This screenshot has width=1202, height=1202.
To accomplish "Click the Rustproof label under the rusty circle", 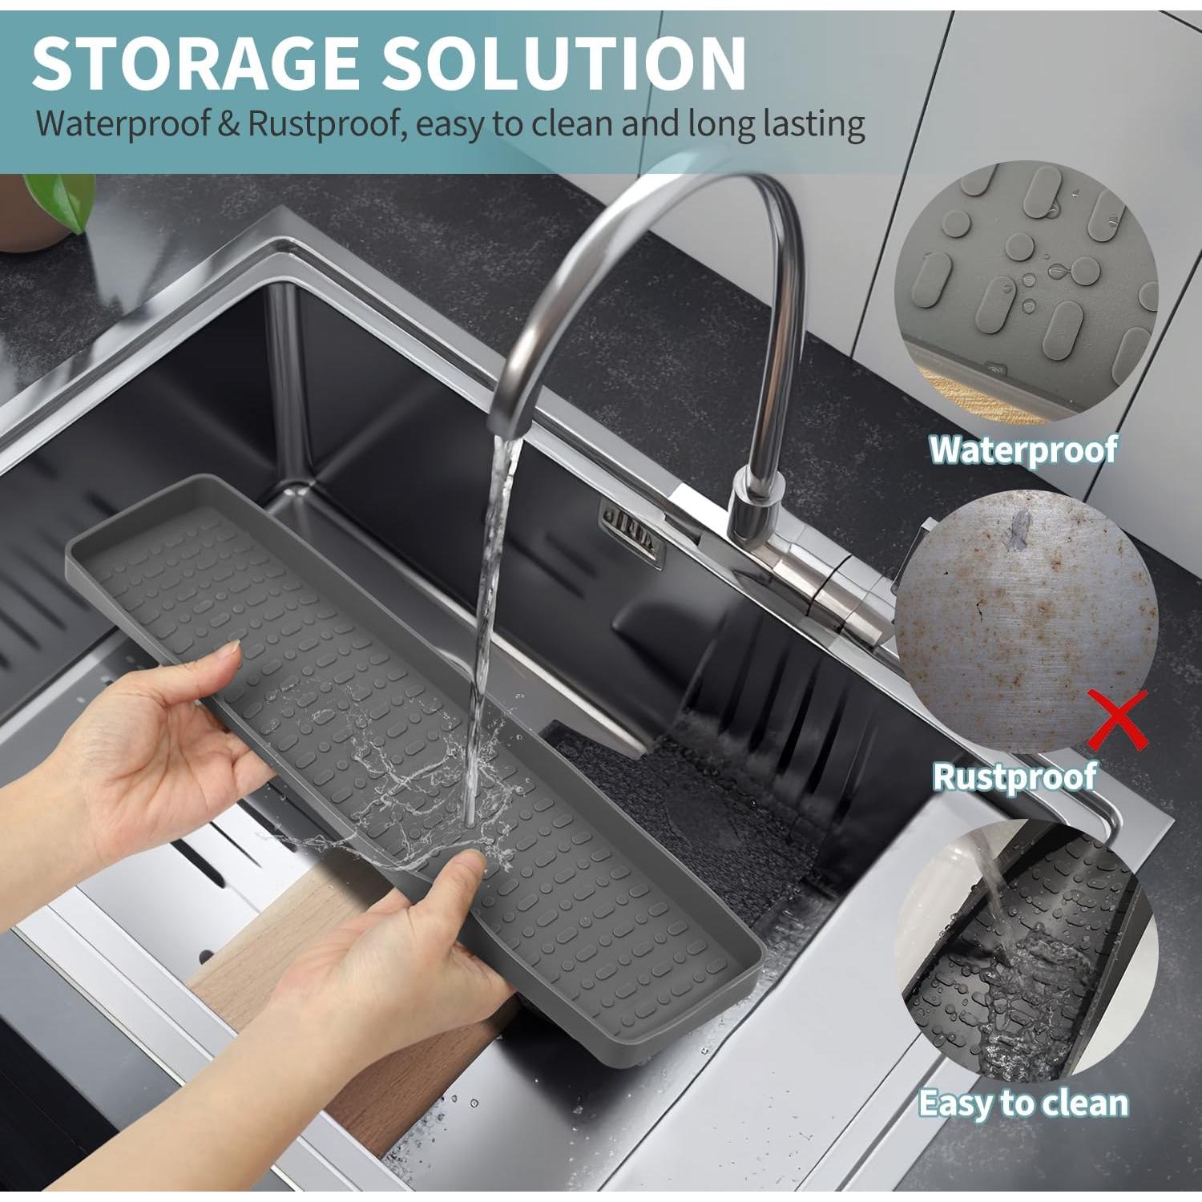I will pos(1014,776).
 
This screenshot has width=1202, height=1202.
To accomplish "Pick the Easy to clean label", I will pos(1023,1103).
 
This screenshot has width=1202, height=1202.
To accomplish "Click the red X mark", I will pos(1120,719).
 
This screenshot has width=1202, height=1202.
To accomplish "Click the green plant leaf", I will pos(60,200).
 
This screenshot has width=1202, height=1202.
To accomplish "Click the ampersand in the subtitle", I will pos(228,125).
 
